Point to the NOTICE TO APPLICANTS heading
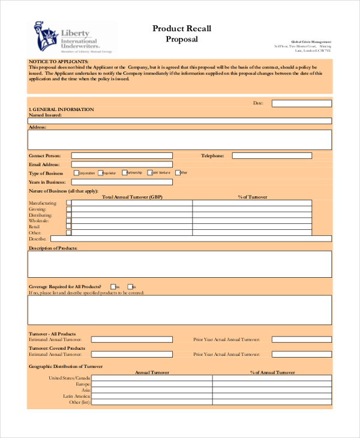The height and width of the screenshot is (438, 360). click(59, 62)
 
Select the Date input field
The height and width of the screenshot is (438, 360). click(301, 103)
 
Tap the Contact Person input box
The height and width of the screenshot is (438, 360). click(121, 155)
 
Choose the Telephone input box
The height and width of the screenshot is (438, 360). click(272, 155)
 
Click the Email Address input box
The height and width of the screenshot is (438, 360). click(121, 164)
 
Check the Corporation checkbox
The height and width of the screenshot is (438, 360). click(76, 173)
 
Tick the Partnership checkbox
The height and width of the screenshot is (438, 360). click(125, 172)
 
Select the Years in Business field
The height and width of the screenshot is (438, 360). click(121, 182)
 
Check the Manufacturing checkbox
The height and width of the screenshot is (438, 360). click(68, 203)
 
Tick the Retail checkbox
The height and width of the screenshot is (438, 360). click(68, 227)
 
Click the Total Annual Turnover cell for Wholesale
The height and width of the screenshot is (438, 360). click(131, 221)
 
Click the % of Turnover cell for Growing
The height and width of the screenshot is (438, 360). click(252, 209)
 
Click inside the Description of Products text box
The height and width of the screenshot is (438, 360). click(179, 264)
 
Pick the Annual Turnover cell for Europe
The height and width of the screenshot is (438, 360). click(152, 384)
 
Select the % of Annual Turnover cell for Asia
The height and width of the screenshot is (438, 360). click(272, 390)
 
